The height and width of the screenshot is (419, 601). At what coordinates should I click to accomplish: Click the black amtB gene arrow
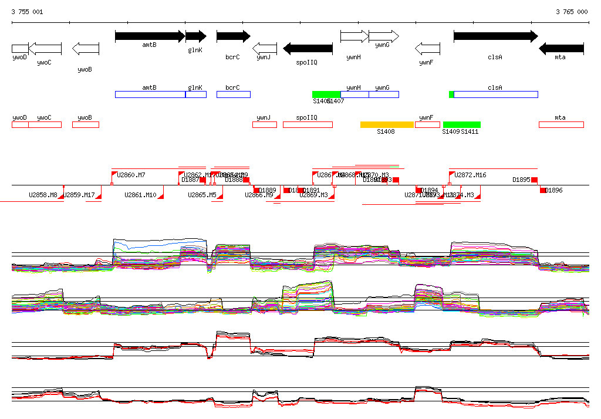(x=150, y=36)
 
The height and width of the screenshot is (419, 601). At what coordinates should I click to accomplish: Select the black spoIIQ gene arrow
(x=308, y=48)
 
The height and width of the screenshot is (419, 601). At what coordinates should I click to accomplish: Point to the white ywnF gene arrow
(x=427, y=48)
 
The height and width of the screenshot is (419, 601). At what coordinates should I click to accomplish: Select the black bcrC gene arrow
(x=233, y=36)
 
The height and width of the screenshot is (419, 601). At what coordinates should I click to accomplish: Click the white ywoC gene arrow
(x=45, y=48)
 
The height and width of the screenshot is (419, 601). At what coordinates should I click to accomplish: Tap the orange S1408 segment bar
(x=387, y=124)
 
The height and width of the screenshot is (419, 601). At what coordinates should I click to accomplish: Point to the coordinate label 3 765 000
(x=571, y=12)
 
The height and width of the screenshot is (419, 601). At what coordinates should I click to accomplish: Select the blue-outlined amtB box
(x=150, y=94)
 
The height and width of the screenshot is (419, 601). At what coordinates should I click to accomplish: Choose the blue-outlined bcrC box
(x=233, y=94)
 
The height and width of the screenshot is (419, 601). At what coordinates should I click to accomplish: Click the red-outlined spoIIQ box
(x=308, y=124)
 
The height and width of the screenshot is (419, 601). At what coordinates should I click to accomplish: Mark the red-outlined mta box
(x=561, y=124)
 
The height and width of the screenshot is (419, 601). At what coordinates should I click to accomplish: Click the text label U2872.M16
(x=471, y=175)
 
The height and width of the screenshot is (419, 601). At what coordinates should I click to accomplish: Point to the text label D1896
(x=554, y=190)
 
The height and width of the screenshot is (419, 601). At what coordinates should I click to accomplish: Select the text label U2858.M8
(x=43, y=195)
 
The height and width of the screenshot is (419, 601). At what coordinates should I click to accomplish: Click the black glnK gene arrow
(x=195, y=36)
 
